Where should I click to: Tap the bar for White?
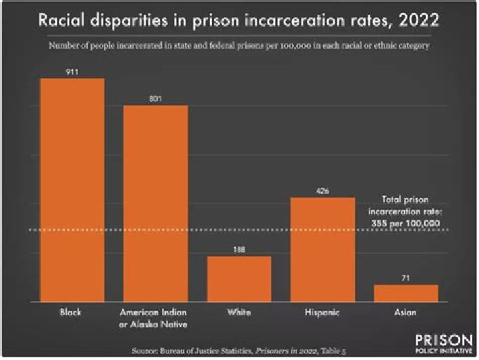coord(239,279)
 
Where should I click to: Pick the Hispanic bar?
coord(323,250)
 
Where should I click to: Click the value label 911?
coord(73,70)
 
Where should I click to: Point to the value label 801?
coord(156,98)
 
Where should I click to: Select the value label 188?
coord(239,248)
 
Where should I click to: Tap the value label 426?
coord(323,190)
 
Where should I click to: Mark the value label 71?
coord(406,277)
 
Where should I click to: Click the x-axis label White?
coord(239,312)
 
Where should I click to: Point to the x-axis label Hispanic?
coord(323,312)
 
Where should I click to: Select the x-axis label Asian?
coord(406,312)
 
